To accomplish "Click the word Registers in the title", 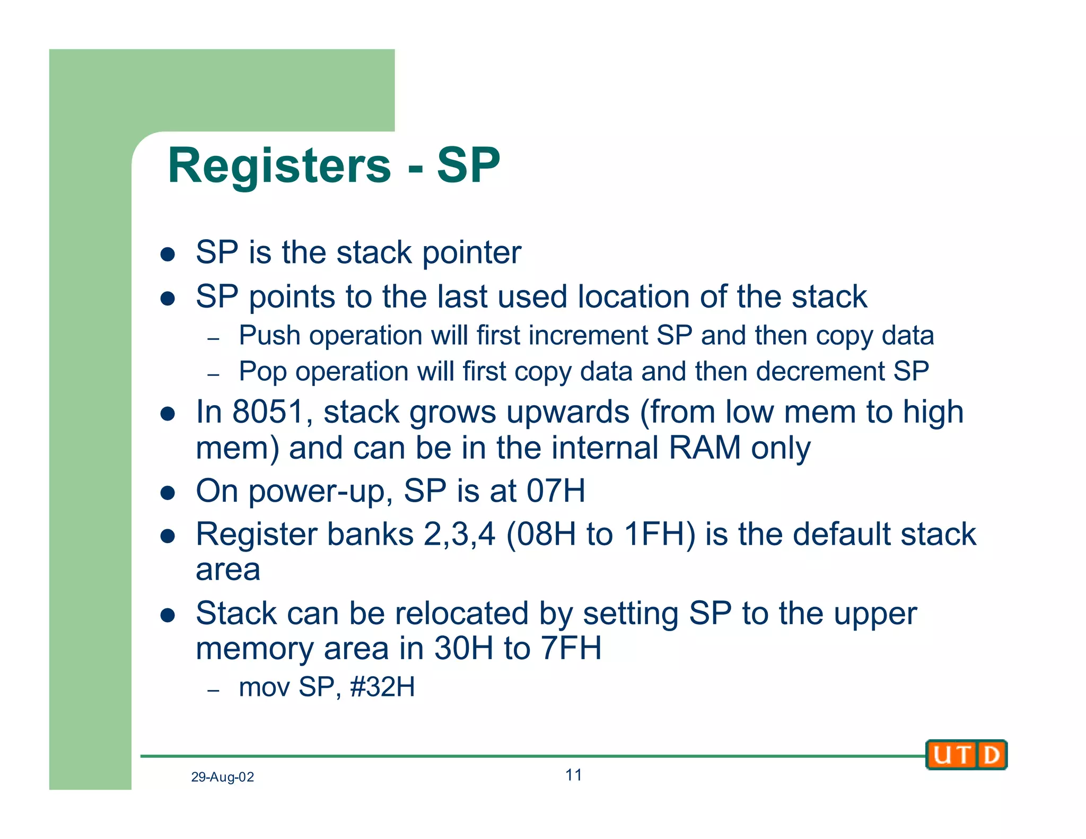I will pos(279,166).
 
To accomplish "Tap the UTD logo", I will pos(966,755).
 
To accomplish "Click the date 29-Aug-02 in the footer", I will pos(222,777).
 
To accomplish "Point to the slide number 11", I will pos(573,775).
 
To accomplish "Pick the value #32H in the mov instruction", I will pos(382,687).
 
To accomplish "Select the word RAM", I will pos(705,448).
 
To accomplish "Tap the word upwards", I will pos(568,412).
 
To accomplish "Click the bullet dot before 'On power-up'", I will pos(168,493).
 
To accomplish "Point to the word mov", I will pos(264,687).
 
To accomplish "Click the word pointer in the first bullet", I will pos(471,252).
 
